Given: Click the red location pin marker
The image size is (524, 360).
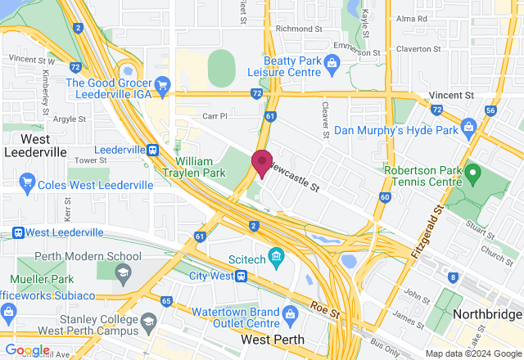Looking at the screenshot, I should coord(261,162).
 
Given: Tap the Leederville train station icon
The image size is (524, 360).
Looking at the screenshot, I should coord(152,150).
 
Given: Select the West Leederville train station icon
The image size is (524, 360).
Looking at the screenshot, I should coord(18,233).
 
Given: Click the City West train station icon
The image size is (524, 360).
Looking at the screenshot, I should coord(241,276).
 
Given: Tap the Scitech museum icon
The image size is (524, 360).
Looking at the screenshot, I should coord(276,259).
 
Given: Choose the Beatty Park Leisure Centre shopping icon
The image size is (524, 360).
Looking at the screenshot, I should coord(332,62).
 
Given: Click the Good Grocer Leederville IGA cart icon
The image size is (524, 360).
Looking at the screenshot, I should coord(162,83).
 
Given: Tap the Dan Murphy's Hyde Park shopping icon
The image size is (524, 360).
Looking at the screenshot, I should coord(468,127).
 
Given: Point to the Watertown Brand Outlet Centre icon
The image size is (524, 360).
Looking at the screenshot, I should coord(289,314).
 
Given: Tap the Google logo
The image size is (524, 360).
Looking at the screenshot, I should coord(28,349).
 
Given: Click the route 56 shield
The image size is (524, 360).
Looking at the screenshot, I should coord(490,110).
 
